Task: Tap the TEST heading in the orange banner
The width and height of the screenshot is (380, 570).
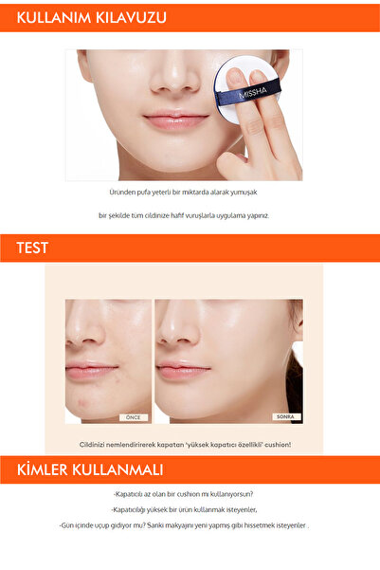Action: point(32,249)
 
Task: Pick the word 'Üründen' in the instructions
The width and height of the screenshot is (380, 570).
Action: point(124,192)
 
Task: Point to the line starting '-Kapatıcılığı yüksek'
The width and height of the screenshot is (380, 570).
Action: point(190,508)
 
